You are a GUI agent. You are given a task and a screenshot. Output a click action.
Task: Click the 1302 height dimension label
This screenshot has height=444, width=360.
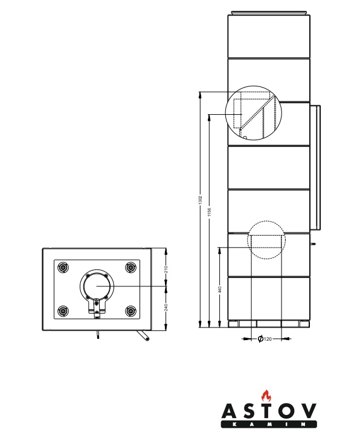click(x=201, y=200)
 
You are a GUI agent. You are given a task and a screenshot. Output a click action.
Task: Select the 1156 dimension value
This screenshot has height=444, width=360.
click(x=210, y=212)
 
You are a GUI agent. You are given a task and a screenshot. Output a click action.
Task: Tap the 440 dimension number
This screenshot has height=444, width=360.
click(x=220, y=289)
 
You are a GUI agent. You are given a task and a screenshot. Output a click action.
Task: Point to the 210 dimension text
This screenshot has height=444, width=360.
click(x=166, y=269)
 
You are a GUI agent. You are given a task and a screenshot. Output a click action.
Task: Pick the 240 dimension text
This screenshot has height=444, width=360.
click(x=166, y=307)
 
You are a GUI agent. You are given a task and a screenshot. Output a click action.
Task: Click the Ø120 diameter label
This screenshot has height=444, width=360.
click(x=265, y=339)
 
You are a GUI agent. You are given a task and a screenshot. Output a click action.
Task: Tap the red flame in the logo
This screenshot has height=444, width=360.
click(x=266, y=396)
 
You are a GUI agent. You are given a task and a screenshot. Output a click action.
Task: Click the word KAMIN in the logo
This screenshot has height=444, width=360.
click(x=269, y=424)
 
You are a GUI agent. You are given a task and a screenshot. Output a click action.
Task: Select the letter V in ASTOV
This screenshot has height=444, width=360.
click(x=307, y=411)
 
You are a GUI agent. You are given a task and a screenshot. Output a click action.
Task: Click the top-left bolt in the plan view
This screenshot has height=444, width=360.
click(x=63, y=267)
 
